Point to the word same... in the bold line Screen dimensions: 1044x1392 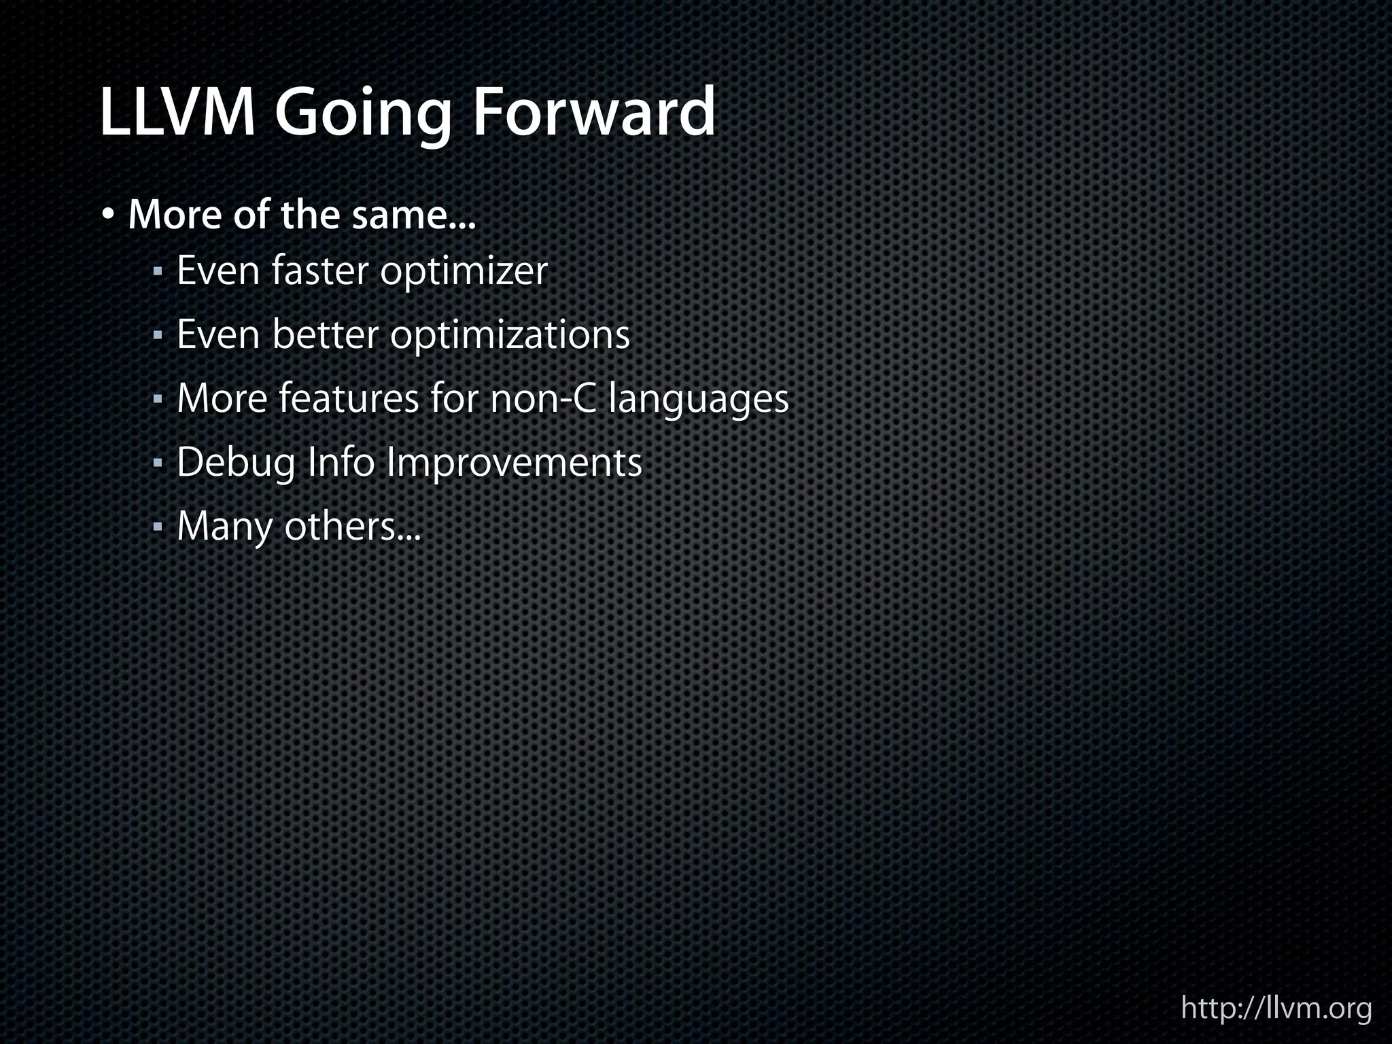(414, 215)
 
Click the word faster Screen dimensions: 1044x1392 (319, 271)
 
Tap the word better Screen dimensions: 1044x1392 (324, 334)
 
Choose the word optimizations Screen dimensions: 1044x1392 (510, 336)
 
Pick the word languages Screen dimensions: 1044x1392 (699, 400)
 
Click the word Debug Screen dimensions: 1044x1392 (236, 464)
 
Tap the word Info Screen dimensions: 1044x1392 (341, 462)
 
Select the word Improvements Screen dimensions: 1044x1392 (514, 464)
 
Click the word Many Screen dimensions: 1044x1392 (224, 527)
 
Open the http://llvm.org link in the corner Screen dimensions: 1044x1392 (1276, 1007)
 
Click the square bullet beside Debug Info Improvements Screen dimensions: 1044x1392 (158, 464)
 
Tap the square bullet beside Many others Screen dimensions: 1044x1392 (158, 527)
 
